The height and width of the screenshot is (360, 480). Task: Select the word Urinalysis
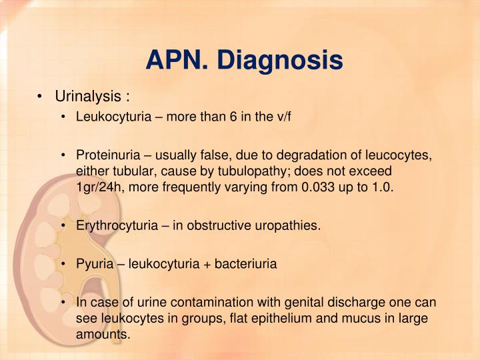pos(89,97)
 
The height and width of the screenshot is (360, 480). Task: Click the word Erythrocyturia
pos(113,225)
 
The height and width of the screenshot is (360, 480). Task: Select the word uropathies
pos(291,225)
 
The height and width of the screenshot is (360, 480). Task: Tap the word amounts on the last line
pos(103,333)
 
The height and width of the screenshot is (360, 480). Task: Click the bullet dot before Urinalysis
pos(42,97)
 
